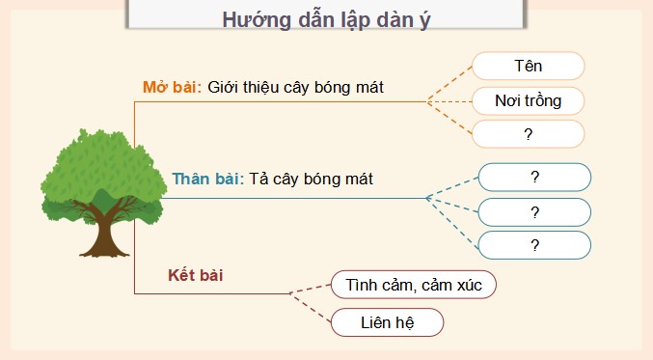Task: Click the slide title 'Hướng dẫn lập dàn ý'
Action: click(326, 20)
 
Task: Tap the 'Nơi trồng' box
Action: click(528, 99)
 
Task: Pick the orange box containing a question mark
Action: click(528, 133)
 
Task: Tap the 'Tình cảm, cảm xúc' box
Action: click(413, 285)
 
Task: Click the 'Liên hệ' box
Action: click(387, 322)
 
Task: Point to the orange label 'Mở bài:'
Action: click(172, 87)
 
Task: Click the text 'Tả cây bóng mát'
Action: click(311, 179)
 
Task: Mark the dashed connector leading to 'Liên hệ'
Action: click(311, 307)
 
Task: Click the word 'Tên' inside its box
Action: click(528, 66)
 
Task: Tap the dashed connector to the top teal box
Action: click(452, 187)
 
